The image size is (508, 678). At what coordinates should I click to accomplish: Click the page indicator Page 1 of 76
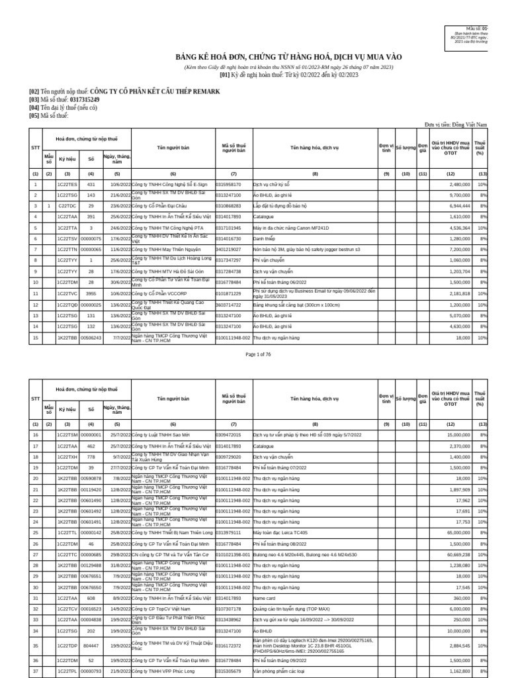pos(258,355)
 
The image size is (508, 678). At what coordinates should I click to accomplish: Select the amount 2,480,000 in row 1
pos(457,184)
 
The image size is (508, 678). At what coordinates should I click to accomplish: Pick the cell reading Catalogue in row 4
pos(264,217)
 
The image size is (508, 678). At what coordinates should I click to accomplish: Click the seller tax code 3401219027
pos(229,249)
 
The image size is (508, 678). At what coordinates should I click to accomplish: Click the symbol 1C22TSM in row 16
pos(67,435)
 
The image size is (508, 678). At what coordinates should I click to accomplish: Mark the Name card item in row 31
pos(264,598)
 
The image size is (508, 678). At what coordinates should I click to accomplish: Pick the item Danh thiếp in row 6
pos(265,238)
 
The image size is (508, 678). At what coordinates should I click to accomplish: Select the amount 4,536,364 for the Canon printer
pos(456,227)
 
